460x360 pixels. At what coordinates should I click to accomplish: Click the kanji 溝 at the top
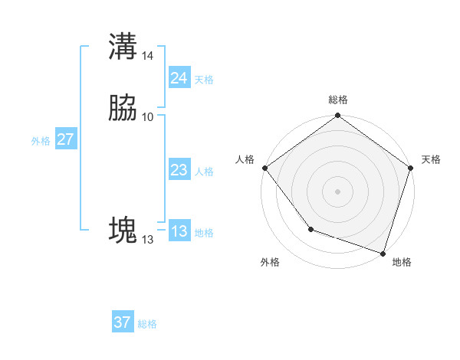pos(123,46)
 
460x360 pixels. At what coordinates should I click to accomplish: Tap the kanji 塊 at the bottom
pos(123,230)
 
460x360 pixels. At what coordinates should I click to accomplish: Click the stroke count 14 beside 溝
pos(148,56)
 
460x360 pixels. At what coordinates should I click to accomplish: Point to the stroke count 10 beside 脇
pos(147,116)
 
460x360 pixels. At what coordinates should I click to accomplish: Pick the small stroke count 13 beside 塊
pos(147,240)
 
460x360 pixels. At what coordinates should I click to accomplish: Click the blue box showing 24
pos(179,78)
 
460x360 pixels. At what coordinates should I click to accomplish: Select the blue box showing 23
pos(179,170)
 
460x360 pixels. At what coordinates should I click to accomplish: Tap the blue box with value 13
pos(179,231)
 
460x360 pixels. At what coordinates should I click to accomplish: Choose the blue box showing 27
pos(66,139)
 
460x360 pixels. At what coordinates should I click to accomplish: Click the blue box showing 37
pos(123,322)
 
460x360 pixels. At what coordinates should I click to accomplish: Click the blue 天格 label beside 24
pos(204,80)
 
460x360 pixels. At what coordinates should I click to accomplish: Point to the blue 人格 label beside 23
pos(204,172)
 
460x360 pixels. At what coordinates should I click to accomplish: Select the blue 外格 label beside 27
pos(41,141)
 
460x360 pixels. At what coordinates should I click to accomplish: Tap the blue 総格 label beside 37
pos(147,324)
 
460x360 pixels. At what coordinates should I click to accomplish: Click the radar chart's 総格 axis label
pos(337,100)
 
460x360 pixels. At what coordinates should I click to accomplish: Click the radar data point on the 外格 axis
pos(310,229)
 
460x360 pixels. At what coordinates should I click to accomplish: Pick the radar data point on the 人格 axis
pos(264,168)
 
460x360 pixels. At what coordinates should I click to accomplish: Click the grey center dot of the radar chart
pos(337,191)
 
